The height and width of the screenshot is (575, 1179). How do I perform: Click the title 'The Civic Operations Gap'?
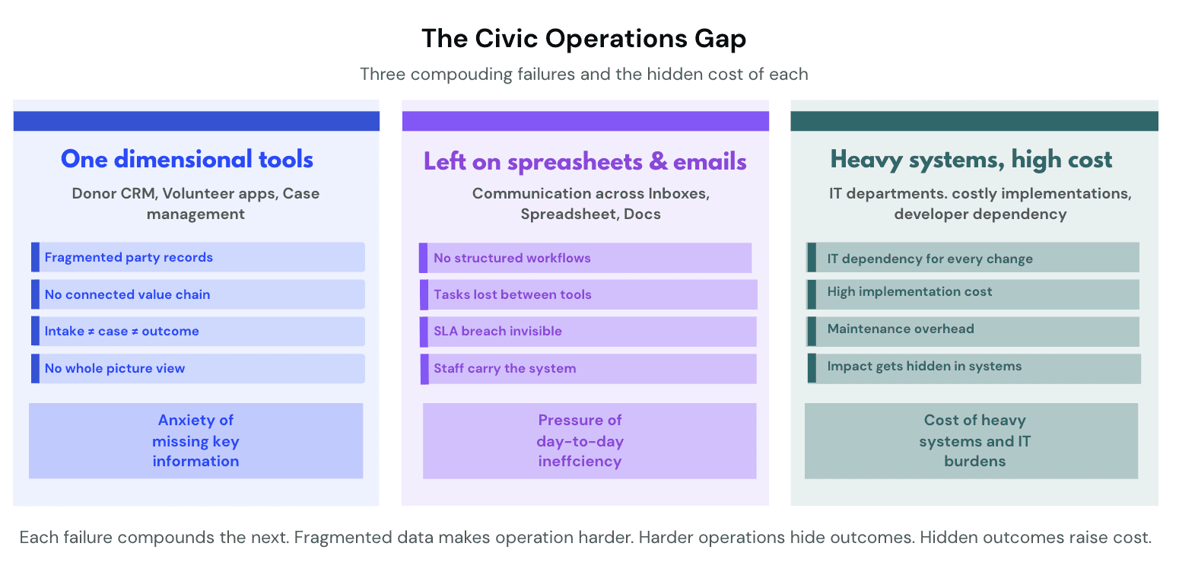[x=583, y=39]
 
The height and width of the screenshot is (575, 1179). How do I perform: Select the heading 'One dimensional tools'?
[x=187, y=160]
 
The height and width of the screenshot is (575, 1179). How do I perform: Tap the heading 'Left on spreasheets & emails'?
[x=585, y=161]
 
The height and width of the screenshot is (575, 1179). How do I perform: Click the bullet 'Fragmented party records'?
[x=198, y=257]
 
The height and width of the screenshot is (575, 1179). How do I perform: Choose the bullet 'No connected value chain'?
[x=198, y=294]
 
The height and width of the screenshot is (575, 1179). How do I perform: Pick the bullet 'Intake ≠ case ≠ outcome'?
[x=198, y=331]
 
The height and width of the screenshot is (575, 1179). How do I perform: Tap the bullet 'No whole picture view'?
[x=198, y=368]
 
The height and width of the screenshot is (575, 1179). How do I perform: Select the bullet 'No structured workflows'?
[x=585, y=258]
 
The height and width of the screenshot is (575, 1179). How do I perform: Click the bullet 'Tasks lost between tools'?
[x=589, y=294]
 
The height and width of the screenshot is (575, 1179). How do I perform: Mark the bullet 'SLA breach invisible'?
[x=588, y=332]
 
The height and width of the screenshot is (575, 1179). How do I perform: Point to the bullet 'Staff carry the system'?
[x=589, y=369]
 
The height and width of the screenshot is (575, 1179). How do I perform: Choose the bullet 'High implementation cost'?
[x=973, y=294]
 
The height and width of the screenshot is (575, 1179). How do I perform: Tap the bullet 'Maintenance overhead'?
[x=973, y=332]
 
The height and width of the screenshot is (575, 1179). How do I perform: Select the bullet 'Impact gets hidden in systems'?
[x=974, y=368]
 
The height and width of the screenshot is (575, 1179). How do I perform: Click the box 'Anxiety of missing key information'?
[x=195, y=441]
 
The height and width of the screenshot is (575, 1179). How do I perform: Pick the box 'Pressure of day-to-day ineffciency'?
[x=589, y=441]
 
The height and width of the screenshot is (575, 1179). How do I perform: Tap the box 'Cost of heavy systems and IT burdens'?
[x=971, y=441]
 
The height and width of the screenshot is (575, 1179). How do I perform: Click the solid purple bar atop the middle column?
[x=585, y=121]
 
